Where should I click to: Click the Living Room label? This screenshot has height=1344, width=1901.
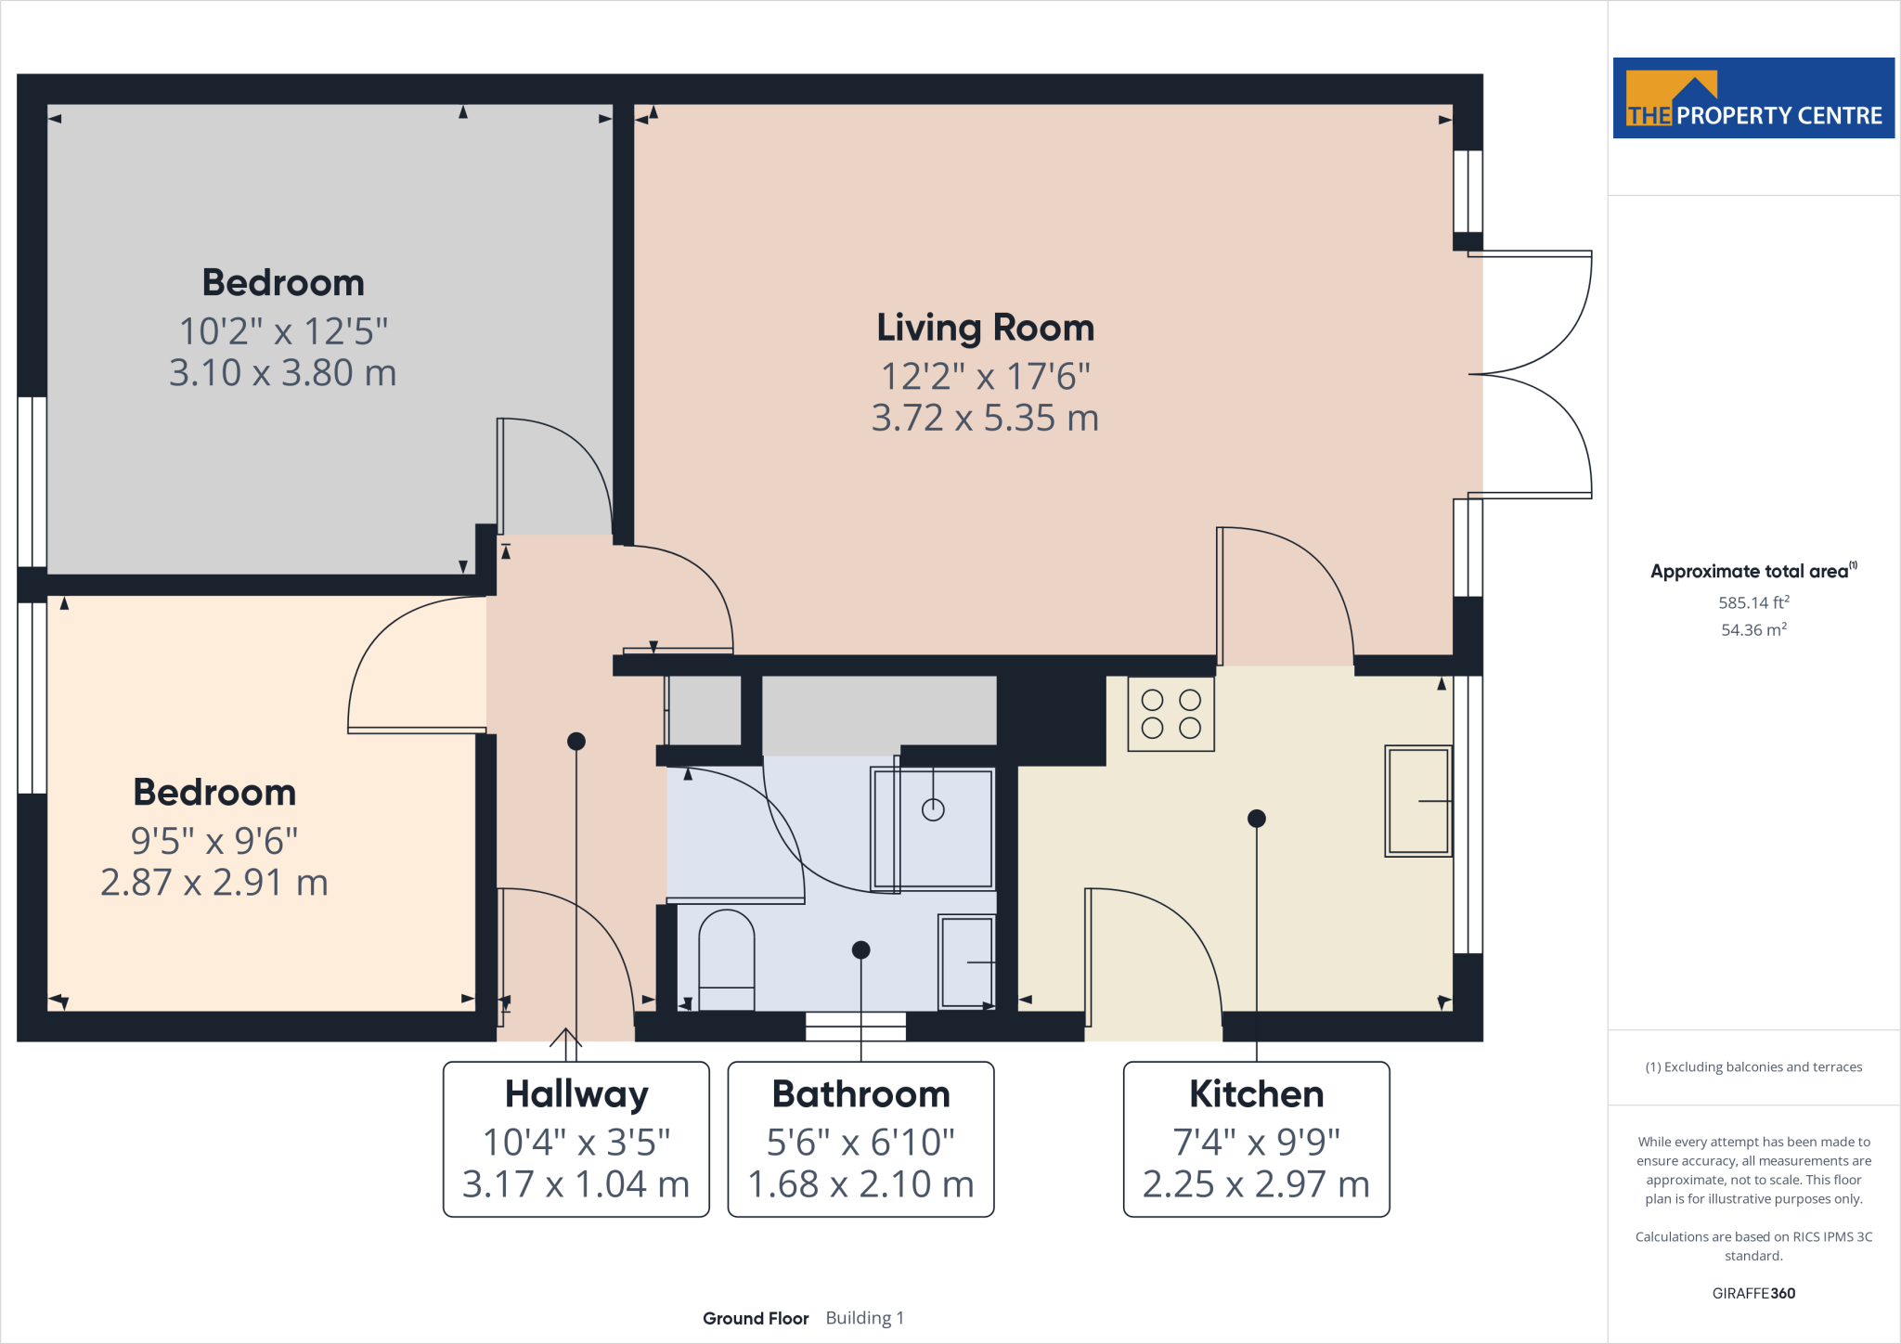click(x=986, y=328)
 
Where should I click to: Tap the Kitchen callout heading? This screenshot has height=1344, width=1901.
click(x=1256, y=1094)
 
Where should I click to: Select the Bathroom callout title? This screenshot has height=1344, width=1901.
click(x=861, y=1094)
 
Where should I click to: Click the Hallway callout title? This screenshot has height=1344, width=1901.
click(x=576, y=1095)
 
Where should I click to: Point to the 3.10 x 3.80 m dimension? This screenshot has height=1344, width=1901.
click(x=283, y=373)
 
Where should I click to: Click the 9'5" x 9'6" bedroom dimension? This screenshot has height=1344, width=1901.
click(x=214, y=841)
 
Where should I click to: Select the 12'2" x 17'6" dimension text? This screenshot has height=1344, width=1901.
click(x=986, y=377)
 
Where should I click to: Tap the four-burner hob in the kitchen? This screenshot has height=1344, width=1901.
click(x=1171, y=714)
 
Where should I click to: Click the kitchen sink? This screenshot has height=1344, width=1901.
click(x=1418, y=800)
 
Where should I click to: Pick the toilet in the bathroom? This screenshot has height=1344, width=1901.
click(x=726, y=960)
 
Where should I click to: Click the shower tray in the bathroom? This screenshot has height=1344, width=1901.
click(x=933, y=828)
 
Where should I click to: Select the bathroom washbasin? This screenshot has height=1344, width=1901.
click(x=967, y=962)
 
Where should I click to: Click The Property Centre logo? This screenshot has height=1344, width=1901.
click(x=1753, y=98)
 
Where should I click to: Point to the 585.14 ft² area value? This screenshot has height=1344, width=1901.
click(x=1753, y=602)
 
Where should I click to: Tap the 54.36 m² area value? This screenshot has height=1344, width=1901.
click(x=1753, y=629)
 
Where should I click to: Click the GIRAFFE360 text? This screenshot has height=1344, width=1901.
click(x=1753, y=1293)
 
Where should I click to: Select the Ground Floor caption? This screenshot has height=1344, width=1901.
click(x=756, y=1318)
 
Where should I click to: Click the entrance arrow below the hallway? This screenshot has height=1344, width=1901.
click(x=566, y=1038)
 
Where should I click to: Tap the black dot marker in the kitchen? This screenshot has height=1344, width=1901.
click(x=1257, y=819)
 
